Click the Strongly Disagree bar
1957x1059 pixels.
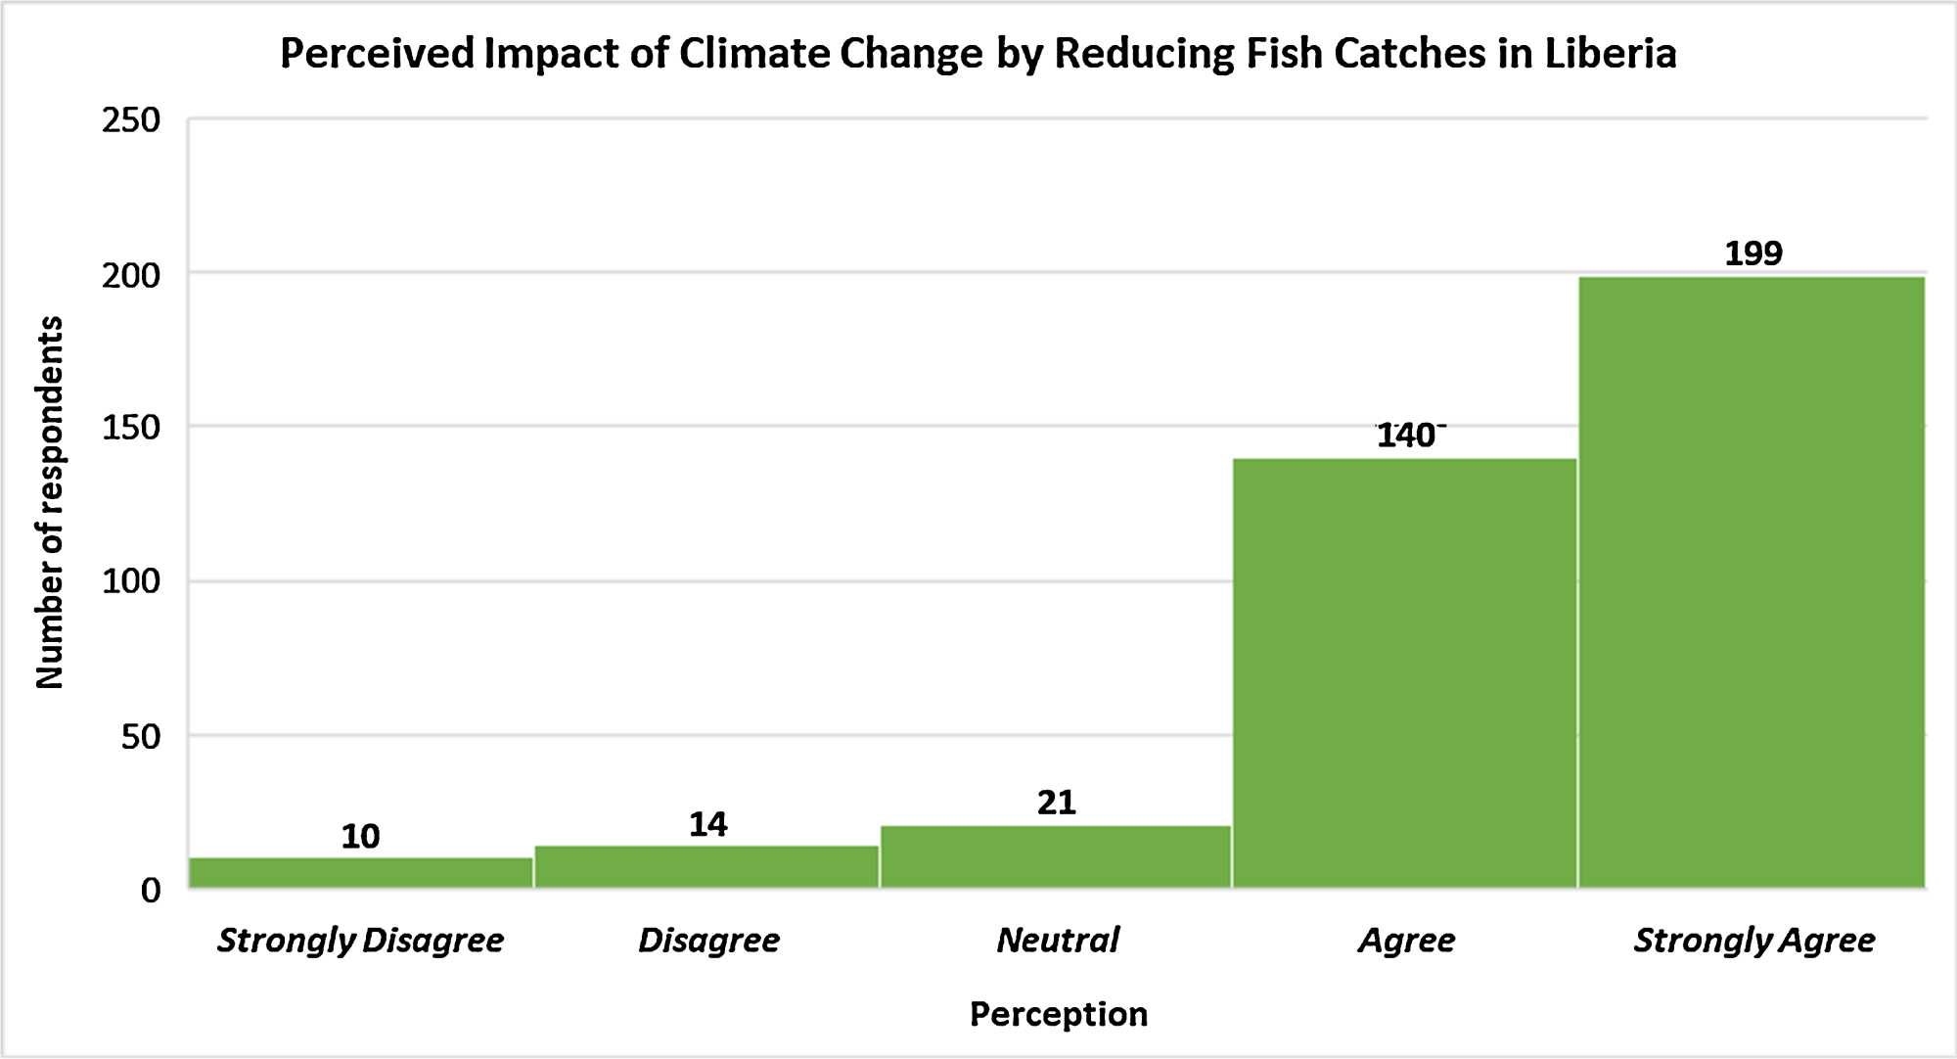pos(360,873)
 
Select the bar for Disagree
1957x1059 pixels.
pos(706,867)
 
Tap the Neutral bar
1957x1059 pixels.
pos(1056,856)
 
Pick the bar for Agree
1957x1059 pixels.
pos(1404,673)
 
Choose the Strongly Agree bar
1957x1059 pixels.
pos(1752,582)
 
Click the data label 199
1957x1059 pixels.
pos(1753,254)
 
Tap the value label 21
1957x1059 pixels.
pos(1057,804)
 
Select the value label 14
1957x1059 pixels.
pos(707,825)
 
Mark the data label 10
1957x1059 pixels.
pos(360,837)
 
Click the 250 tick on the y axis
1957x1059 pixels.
pos(131,120)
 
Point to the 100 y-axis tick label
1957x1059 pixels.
pos(131,582)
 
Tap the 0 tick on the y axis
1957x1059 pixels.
pos(151,891)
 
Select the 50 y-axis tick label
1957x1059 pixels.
pos(141,737)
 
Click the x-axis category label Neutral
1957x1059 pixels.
pos(1057,941)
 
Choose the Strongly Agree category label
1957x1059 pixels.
pos(1753,941)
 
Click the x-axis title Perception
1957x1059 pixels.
pos(1058,1015)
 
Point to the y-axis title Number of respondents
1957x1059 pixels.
pos(49,503)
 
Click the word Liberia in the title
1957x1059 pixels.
pos(1610,54)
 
